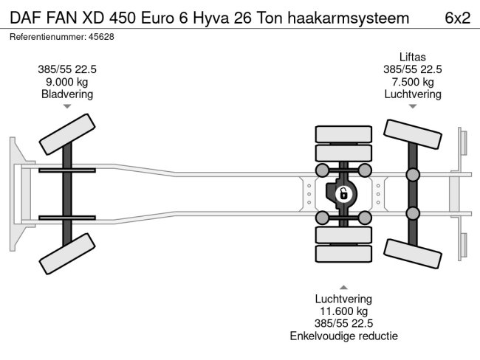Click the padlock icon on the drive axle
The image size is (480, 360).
pos(343,195)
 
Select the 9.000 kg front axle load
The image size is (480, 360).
pos(67,82)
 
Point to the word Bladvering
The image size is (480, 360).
pos(67,94)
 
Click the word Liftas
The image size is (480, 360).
pos(413,58)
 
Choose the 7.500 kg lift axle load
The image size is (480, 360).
pos(413,82)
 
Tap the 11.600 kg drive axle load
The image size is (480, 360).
pos(343,311)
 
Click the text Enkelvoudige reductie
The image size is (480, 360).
pos(343,336)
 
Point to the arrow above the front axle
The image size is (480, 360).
pos(67,106)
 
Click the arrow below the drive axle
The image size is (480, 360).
pos(343,287)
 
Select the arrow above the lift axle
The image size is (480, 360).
pos(413,106)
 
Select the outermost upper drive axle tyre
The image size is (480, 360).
pos(343,134)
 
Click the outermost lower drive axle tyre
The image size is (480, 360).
pos(343,255)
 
